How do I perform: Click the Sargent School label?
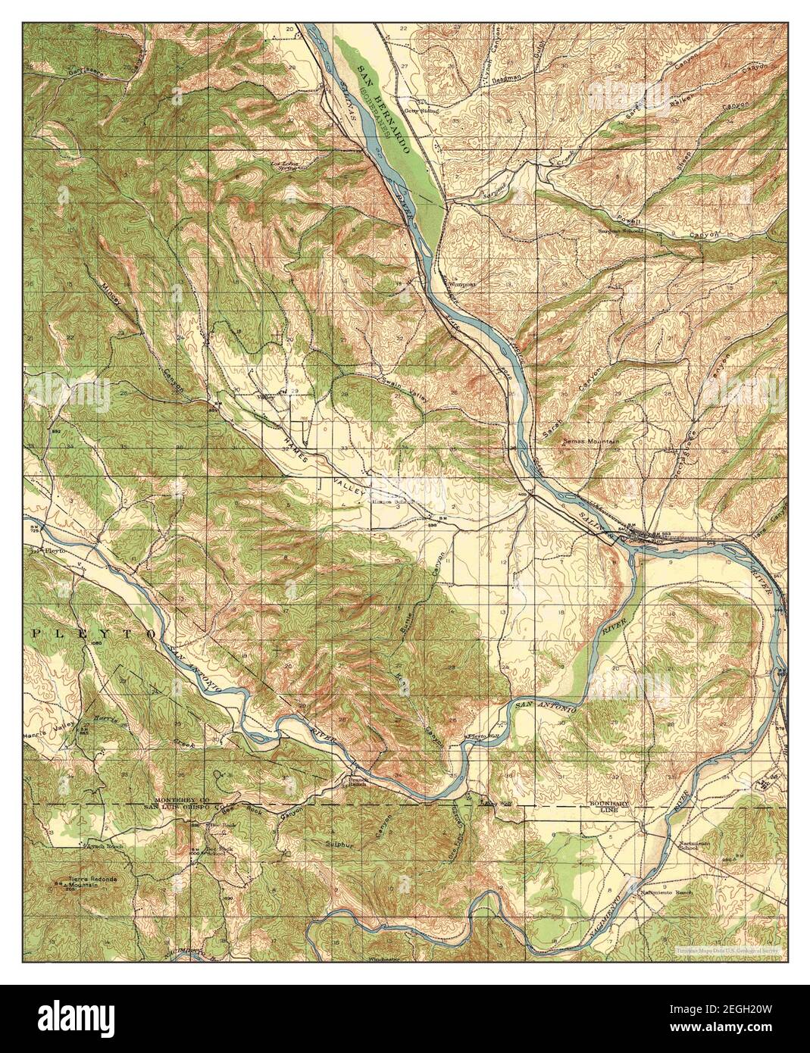tap(620, 230)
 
